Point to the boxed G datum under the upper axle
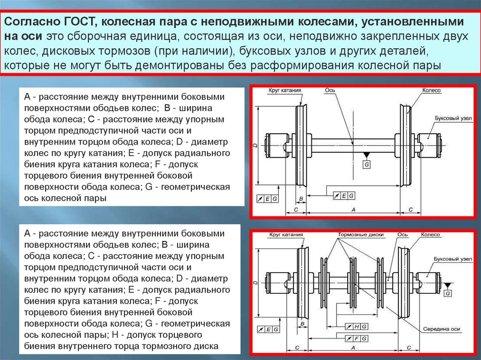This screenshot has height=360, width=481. pyautogui.click(x=367, y=163)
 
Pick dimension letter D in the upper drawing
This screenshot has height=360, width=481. pyautogui.click(x=254, y=147)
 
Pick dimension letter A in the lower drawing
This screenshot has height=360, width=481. pyautogui.click(x=353, y=348)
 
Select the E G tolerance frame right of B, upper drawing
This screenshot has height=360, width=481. pyautogui.click(x=344, y=195)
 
